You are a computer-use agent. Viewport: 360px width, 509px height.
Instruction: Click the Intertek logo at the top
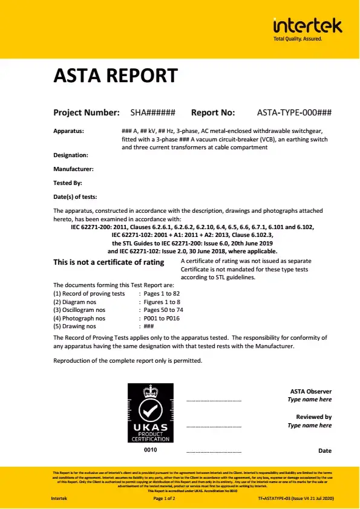307,27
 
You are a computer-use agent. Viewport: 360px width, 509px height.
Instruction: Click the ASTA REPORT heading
116,76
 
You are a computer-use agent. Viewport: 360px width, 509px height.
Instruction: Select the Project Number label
86,112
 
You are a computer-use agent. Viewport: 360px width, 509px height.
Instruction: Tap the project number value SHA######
153,112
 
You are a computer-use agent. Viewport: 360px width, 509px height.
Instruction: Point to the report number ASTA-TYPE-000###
294,112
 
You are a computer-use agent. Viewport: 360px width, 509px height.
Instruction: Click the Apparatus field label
68,131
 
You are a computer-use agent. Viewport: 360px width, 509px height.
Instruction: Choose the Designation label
71,155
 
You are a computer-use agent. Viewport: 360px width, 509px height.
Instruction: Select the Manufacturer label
73,169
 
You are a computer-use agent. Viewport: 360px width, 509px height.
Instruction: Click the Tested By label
68,183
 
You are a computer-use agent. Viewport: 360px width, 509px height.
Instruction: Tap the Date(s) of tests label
75,196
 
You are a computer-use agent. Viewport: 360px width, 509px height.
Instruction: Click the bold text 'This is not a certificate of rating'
109,262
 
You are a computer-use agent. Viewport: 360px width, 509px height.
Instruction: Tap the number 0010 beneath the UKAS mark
150,450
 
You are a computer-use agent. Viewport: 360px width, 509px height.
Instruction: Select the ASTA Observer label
311,392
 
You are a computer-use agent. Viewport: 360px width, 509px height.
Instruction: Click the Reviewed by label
313,417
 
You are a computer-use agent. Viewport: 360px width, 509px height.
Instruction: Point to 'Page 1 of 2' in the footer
165,499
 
